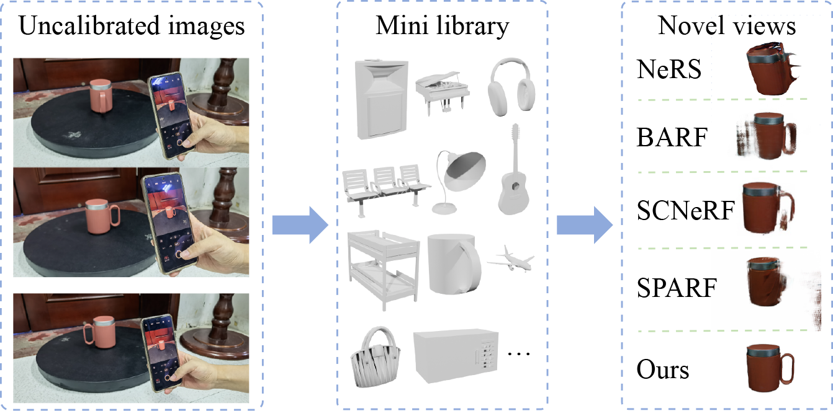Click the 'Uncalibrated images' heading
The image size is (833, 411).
[x=132, y=26]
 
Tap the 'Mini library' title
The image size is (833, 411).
[x=442, y=26]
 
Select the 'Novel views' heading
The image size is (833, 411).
[x=727, y=25]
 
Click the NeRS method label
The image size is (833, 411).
[x=669, y=69]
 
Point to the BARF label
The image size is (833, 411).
[x=672, y=138]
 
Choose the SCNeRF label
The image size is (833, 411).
[x=686, y=211]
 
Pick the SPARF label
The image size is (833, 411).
[x=677, y=288]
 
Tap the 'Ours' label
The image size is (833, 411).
[x=663, y=370]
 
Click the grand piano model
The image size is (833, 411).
[x=442, y=93]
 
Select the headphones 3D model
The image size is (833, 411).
[x=511, y=87]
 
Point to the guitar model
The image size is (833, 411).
[x=513, y=174]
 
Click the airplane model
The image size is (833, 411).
[x=511, y=259]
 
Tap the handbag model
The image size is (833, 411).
[x=376, y=358]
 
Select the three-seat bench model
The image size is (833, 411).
[x=386, y=189]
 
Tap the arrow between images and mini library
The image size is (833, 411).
[x=300, y=225]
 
